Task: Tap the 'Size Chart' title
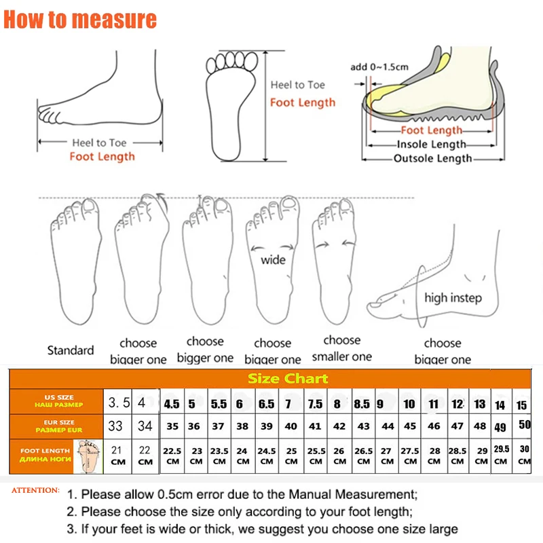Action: pyautogui.click(x=287, y=378)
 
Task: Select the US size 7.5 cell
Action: pyautogui.click(x=315, y=405)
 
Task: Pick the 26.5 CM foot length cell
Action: pyautogui.click(x=364, y=455)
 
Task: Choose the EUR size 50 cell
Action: pyautogui.click(x=523, y=424)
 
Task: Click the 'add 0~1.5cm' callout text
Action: pyautogui.click(x=380, y=67)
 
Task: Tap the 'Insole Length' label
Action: pyautogui.click(x=431, y=144)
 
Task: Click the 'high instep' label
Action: pyautogui.click(x=453, y=298)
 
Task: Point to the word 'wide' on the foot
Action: pyautogui.click(x=273, y=259)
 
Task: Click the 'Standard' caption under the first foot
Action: pyautogui.click(x=71, y=350)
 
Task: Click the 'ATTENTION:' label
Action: pyautogui.click(x=35, y=489)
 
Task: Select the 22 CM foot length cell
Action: pyautogui.click(x=145, y=455)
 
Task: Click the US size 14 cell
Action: pyautogui.click(x=500, y=405)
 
